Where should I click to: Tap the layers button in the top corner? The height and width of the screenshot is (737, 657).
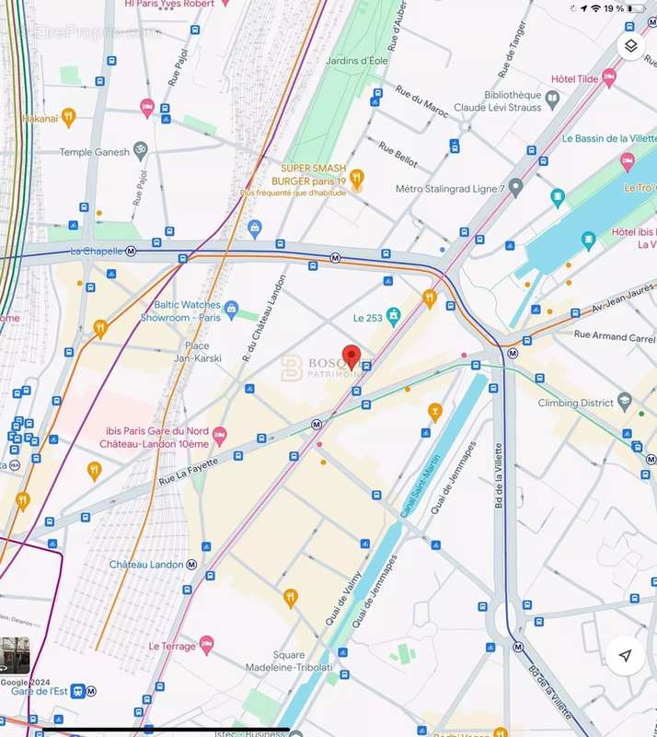[x=630, y=46]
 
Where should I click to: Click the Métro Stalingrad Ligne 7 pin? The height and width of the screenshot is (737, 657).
[x=516, y=188]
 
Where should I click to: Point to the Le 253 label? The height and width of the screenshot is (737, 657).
[x=368, y=318]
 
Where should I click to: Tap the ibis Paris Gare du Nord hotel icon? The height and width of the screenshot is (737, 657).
[x=219, y=434]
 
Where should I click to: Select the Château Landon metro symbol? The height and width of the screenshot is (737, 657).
[x=191, y=564]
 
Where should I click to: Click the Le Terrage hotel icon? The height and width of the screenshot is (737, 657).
[x=206, y=646]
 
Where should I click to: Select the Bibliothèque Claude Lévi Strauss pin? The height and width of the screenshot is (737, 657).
[x=552, y=98]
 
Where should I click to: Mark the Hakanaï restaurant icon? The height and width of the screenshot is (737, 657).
[x=68, y=117]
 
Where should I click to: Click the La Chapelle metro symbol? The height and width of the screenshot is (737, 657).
[x=132, y=251]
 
